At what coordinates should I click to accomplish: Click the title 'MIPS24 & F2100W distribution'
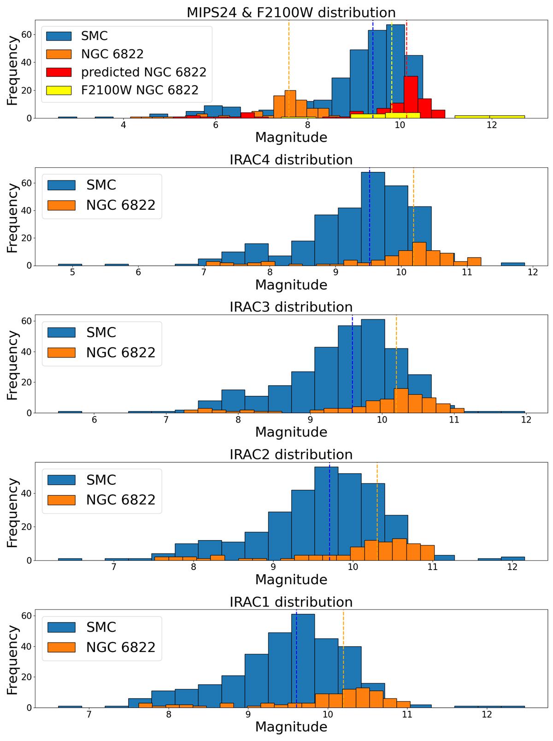[291, 12]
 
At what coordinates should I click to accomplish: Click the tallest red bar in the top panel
[411, 97]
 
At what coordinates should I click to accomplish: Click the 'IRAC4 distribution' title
[291, 160]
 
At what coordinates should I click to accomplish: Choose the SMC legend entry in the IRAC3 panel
[101, 333]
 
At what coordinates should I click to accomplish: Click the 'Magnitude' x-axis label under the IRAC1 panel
[291, 727]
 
